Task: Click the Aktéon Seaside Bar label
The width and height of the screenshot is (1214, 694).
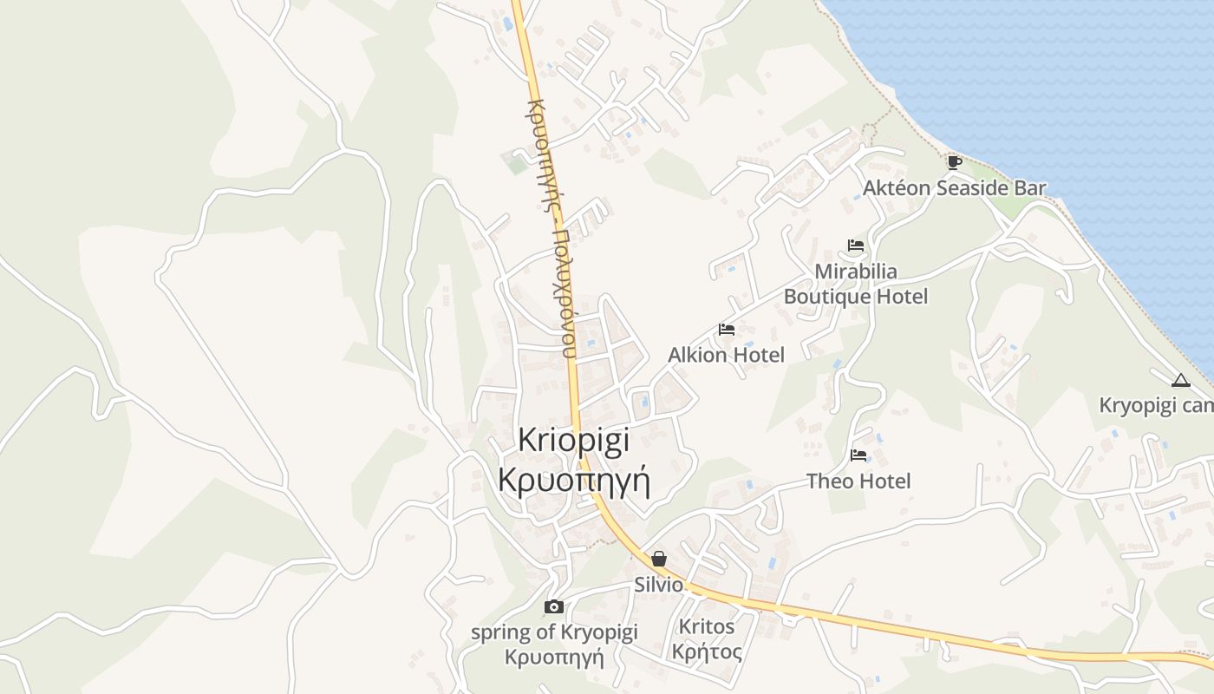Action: tap(954, 188)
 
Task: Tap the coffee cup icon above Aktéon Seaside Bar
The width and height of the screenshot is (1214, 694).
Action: tap(954, 162)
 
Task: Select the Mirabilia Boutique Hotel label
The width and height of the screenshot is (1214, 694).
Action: tap(856, 284)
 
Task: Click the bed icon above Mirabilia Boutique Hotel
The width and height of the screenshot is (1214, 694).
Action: tap(856, 246)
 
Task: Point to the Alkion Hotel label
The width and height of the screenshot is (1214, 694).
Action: tap(726, 355)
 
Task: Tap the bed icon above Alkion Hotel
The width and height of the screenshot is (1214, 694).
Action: tap(727, 330)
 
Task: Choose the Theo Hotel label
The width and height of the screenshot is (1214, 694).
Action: tap(858, 481)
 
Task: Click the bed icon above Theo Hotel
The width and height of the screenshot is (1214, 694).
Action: tap(858, 455)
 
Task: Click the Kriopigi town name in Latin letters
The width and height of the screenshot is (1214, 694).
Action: tap(574, 440)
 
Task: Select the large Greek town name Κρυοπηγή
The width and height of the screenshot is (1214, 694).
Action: tap(574, 480)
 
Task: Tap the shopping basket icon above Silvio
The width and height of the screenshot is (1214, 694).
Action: tap(659, 559)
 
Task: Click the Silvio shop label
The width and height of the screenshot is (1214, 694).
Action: tap(659, 585)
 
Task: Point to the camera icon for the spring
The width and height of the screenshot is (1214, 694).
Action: tap(553, 606)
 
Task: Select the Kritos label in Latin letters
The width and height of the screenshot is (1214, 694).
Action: tap(706, 626)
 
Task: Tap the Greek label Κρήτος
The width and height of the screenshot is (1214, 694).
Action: tap(706, 651)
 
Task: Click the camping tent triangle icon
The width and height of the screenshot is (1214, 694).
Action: tap(1180, 380)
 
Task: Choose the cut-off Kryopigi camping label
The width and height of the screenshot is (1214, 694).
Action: tap(1156, 405)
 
